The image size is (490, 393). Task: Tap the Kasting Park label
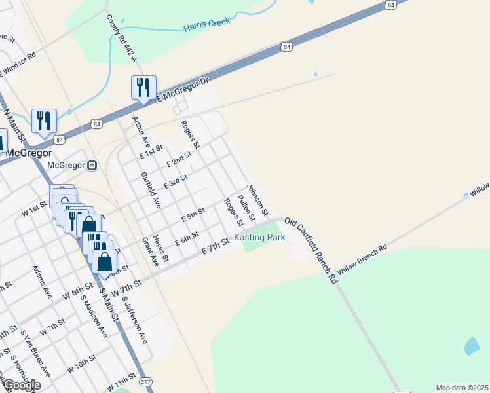click(260, 237)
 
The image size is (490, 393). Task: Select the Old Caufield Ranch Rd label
click(311, 250)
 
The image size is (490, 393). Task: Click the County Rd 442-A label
click(121, 37)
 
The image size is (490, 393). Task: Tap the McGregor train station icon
click(92, 165)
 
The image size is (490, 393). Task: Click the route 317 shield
click(145, 381)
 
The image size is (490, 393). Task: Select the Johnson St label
click(257, 200)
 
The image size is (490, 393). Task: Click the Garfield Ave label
click(151, 190)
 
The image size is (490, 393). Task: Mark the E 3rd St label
click(176, 181)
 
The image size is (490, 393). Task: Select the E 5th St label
click(194, 214)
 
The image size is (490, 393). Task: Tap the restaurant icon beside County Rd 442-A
click(143, 87)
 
